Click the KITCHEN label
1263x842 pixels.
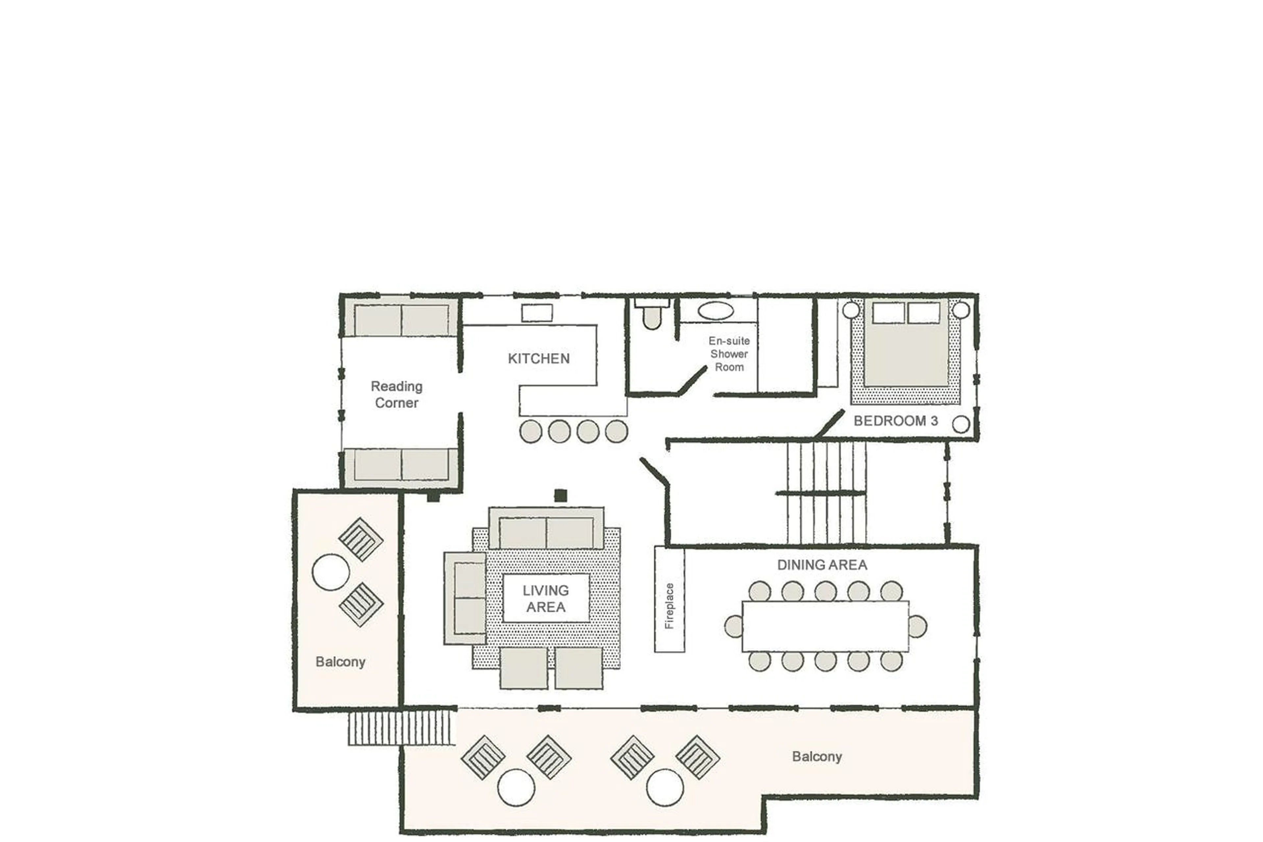pos(538,359)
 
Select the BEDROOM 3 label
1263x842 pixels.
pos(895,421)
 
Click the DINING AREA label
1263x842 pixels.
pos(822,565)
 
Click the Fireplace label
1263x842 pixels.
pos(669,606)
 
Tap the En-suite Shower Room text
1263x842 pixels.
pos(729,354)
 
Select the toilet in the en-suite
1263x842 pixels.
pos(652,316)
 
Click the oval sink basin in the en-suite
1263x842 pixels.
pos(715,310)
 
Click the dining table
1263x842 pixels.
pos(825,626)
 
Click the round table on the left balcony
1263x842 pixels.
pos(331,572)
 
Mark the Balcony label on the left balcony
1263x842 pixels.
pos(340,662)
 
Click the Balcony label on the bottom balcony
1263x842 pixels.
pos(816,757)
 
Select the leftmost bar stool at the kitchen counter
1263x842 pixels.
pos(531,431)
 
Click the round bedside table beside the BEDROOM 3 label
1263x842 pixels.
pos(961,424)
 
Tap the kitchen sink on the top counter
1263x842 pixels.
pos(537,313)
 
